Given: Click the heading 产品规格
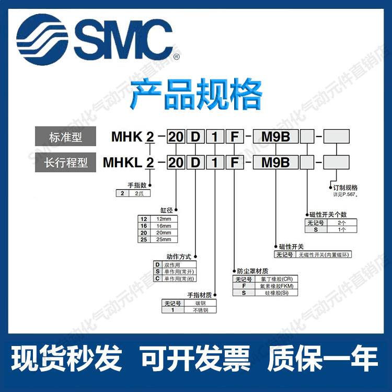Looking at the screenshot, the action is (x=195, y=95).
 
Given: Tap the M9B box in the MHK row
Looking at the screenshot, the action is (x=275, y=137).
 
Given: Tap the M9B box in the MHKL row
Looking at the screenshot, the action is (x=275, y=162).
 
